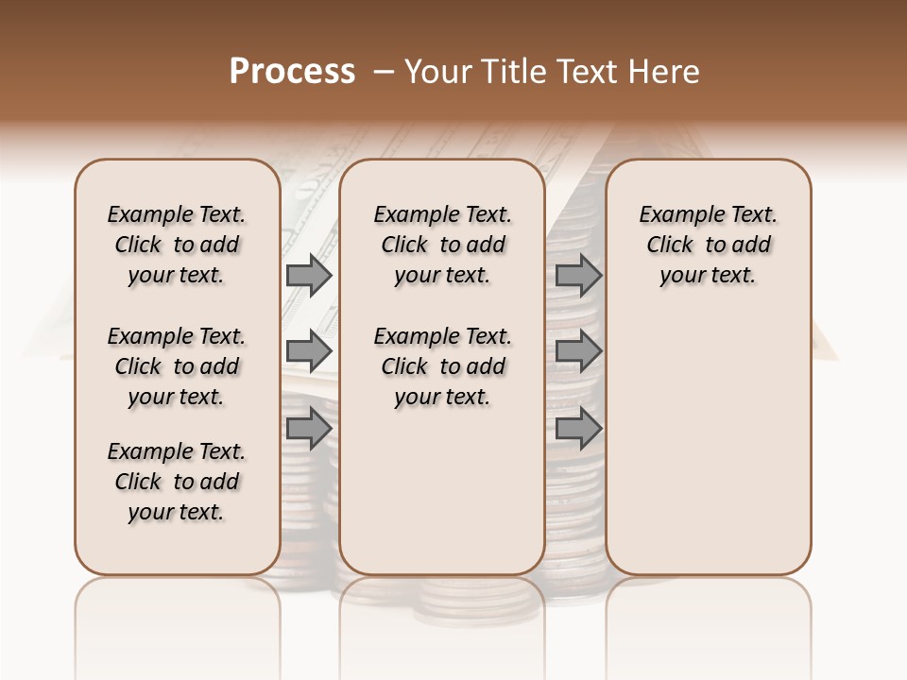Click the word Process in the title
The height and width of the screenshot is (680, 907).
292,72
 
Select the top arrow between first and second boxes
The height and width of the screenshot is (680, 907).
308,276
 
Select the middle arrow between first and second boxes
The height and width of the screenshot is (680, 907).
308,351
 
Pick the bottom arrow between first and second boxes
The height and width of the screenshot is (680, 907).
308,429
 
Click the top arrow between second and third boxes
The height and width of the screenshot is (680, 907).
578,276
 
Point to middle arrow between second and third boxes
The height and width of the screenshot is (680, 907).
578,351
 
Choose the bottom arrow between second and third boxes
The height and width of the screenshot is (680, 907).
578,429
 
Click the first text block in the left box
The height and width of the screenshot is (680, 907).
177,245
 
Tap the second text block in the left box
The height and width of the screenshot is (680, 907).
177,366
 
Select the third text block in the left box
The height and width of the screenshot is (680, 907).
177,482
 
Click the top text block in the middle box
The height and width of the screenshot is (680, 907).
442,245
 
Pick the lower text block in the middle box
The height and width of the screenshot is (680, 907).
442,366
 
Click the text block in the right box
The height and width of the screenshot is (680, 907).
708,245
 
